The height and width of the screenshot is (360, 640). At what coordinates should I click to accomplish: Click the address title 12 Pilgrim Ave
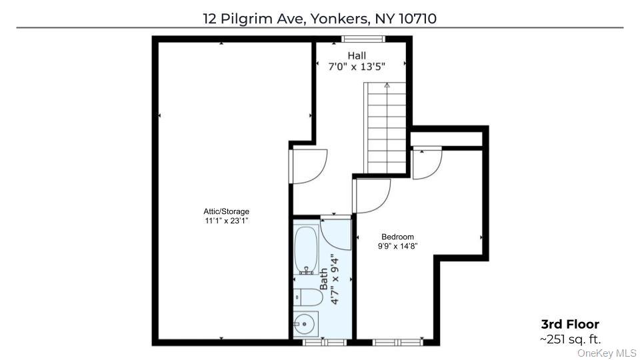pyautogui.click(x=319, y=18)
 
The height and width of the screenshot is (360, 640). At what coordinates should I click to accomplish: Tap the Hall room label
pyautogui.click(x=356, y=55)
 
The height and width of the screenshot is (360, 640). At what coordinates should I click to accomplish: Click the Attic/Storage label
pyautogui.click(x=227, y=211)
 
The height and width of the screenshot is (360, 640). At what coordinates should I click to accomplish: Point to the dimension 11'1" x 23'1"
pyautogui.click(x=227, y=221)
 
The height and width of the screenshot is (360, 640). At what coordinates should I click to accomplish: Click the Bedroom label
pyautogui.click(x=397, y=237)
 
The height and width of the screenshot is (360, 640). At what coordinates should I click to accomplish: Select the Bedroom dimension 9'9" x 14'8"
pyautogui.click(x=397, y=246)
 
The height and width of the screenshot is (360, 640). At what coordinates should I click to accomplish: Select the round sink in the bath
pyautogui.click(x=303, y=324)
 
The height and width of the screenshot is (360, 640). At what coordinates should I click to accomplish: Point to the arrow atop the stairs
pyautogui.click(x=387, y=85)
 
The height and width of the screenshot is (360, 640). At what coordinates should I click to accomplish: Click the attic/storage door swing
pyautogui.click(x=309, y=165)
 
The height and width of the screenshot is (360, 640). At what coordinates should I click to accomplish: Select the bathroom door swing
pyautogui.click(x=335, y=232)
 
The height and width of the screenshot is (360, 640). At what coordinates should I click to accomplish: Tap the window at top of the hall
pyautogui.click(x=357, y=39)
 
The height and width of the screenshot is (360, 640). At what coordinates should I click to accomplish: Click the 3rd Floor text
pyautogui.click(x=569, y=325)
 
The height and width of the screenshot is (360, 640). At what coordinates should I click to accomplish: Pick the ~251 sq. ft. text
pyautogui.click(x=570, y=339)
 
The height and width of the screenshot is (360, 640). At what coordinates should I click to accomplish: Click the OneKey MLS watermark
pyautogui.click(x=607, y=353)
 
